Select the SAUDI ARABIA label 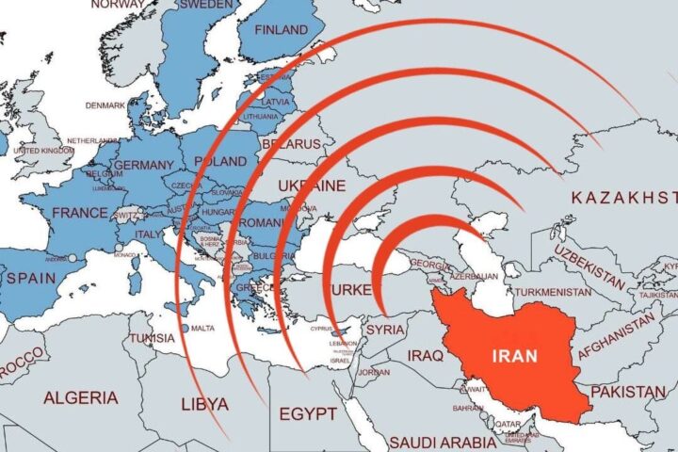tap(444, 442)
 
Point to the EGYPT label tap(308, 414)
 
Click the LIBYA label tap(204, 404)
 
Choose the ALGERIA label tap(81, 397)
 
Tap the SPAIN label tap(30, 279)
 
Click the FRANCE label tap(80, 213)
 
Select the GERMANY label tap(144, 166)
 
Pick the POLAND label tap(221, 161)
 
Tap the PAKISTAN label tap(629, 390)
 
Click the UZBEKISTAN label tap(589, 266)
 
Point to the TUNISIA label tap(153, 337)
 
